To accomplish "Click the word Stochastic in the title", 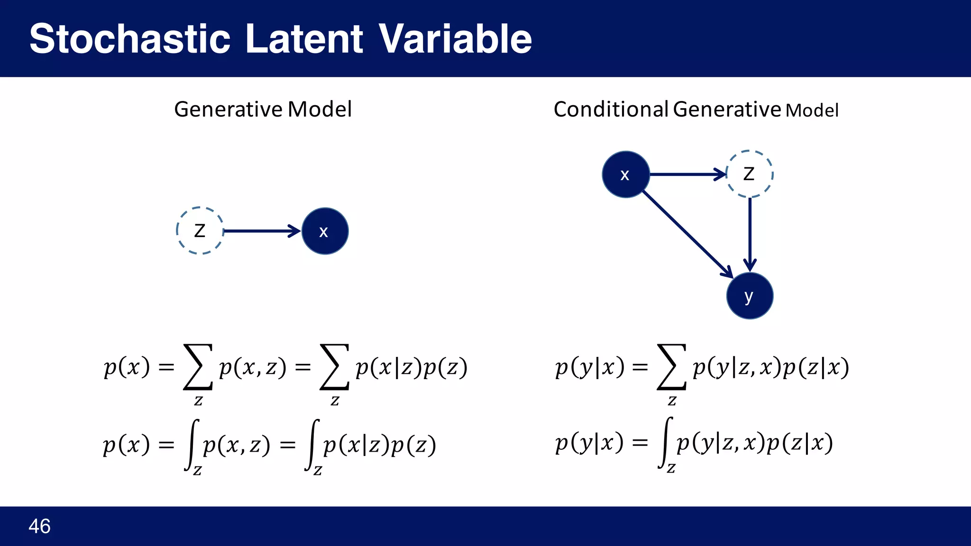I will pyautogui.click(x=130, y=39).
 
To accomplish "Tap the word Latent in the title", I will pyautogui.click(x=304, y=39).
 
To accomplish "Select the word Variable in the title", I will pyautogui.click(x=455, y=39).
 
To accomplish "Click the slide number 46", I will pyautogui.click(x=39, y=526).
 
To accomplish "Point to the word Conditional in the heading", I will pyautogui.click(x=611, y=109).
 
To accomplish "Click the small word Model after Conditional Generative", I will pyautogui.click(x=812, y=111).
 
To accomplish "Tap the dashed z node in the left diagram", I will pyautogui.click(x=200, y=231).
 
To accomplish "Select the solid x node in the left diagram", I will pyautogui.click(x=325, y=231).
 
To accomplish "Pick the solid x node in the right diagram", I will pyautogui.click(x=625, y=174).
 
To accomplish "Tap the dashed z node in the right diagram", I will pyautogui.click(x=749, y=174).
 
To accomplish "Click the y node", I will pyautogui.click(x=749, y=296).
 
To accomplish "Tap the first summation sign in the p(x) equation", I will pyautogui.click(x=198, y=367).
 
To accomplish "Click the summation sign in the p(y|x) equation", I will pyautogui.click(x=671, y=367).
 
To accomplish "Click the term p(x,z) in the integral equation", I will pyautogui.click(x=236, y=445).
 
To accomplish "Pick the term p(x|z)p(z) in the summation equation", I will pyautogui.click(x=411, y=367).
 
